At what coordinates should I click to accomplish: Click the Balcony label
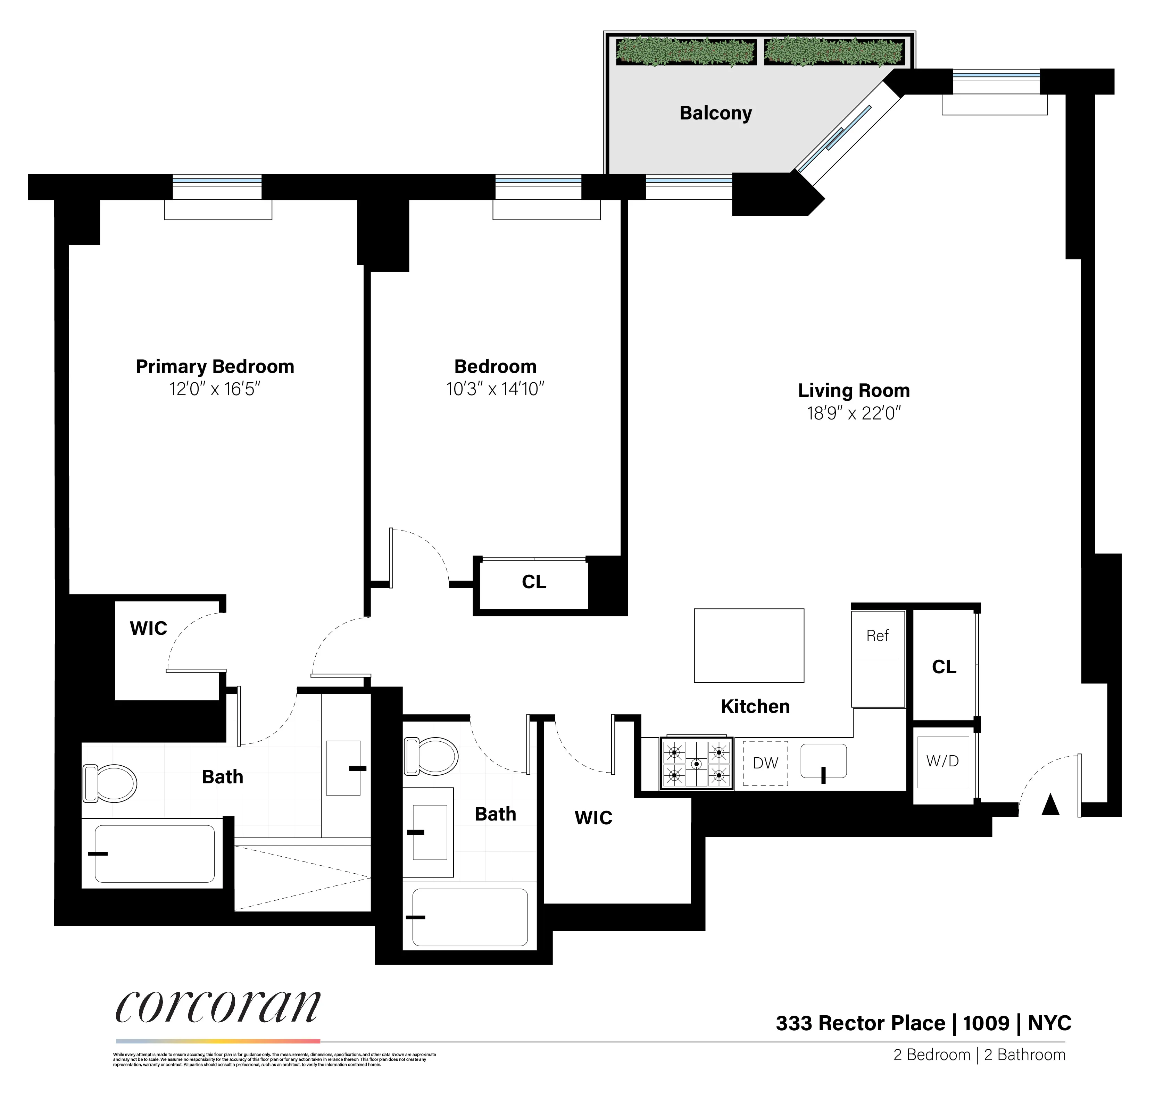click(715, 113)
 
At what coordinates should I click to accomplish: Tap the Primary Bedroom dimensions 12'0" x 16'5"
click(215, 389)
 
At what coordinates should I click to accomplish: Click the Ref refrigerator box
click(877, 658)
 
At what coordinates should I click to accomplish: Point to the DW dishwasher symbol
click(765, 763)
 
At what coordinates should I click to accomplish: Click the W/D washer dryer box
click(942, 761)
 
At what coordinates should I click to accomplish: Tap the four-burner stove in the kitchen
click(696, 763)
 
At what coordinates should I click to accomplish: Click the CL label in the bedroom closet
click(533, 582)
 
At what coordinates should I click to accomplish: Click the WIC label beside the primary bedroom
click(148, 628)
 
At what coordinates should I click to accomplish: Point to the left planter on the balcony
click(685, 51)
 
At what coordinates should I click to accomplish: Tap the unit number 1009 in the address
click(986, 1023)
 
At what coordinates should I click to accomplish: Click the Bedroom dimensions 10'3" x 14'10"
click(495, 389)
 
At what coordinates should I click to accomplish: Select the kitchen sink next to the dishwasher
click(823, 761)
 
